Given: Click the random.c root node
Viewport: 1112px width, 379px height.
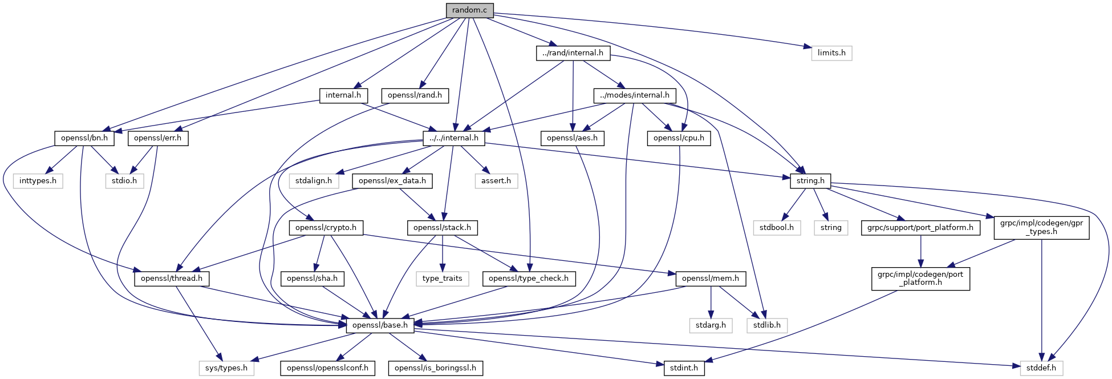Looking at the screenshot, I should pos(469,10).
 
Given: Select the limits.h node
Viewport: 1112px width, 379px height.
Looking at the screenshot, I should pos(831,53).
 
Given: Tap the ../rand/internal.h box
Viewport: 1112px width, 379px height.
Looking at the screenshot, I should pos(573,53).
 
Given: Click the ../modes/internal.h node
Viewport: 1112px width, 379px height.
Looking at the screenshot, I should pos(634,95).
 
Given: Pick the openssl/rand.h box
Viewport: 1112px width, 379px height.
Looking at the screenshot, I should pos(415,95).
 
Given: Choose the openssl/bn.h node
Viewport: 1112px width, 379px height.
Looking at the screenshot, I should pos(84,138).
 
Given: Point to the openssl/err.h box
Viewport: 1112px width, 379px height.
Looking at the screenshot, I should pos(158,138).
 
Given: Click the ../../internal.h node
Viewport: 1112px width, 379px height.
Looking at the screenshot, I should pos(454,138).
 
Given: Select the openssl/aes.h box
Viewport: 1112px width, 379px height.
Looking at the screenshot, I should pos(572,138).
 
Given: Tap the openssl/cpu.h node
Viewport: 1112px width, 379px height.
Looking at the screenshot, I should pos(679,138).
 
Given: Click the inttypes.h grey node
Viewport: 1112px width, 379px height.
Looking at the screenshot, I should pos(38,181).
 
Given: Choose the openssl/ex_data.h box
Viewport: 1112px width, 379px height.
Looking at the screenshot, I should pos(392,181).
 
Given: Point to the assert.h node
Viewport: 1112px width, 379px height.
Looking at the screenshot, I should pos(496,181).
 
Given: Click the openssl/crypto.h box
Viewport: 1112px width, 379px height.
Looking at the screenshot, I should pos(326,228).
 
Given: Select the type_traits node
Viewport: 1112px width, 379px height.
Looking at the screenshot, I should pos(443,279).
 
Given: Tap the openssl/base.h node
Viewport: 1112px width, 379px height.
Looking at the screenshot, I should pos(380,325).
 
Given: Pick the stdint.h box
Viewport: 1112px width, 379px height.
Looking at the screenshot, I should pos(684,368).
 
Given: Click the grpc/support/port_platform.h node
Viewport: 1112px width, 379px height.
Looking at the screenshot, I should pos(920,228).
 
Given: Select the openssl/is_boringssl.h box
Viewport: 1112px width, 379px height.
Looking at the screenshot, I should pos(436,368).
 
